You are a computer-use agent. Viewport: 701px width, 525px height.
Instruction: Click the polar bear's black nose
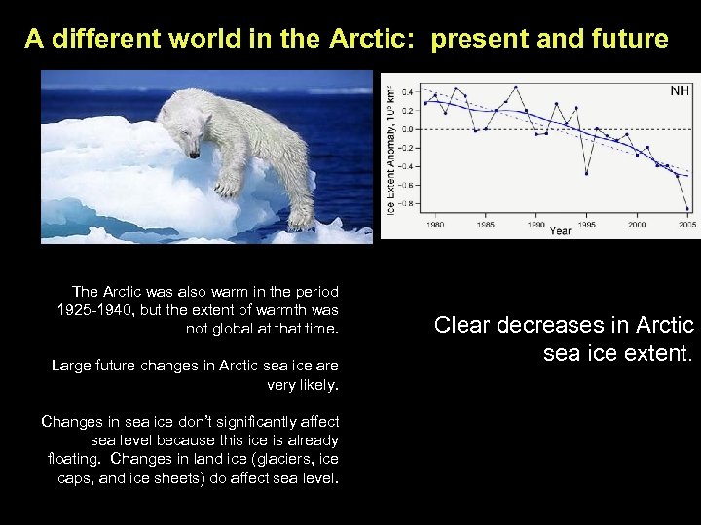195,153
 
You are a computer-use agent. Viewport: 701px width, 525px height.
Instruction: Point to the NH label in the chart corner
680,90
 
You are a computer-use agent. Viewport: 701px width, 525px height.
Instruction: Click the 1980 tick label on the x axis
435,224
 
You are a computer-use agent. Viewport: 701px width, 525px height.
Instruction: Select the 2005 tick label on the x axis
687,224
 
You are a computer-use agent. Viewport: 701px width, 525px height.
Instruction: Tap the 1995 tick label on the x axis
586,224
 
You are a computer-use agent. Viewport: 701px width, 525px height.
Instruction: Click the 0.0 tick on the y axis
409,129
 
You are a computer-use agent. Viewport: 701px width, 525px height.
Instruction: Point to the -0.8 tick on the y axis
407,203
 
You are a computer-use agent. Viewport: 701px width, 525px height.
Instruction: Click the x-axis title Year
561,231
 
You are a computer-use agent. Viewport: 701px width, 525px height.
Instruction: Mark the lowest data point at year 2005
687,208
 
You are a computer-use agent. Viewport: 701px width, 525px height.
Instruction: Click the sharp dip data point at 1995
586,173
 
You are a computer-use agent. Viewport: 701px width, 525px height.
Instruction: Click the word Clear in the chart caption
461,325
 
